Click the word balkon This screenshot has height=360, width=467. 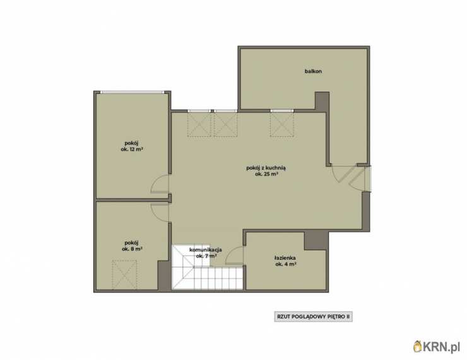(313, 71)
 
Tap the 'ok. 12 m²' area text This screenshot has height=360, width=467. (132, 149)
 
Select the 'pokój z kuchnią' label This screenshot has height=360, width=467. (266, 168)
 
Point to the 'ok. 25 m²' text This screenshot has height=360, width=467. (266, 175)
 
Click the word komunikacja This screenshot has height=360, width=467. (206, 250)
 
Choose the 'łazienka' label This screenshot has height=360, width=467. (285, 258)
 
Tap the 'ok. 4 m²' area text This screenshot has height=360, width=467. (286, 264)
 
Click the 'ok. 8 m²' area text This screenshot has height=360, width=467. (132, 249)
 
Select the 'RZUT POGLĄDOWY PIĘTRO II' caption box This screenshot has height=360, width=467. (313, 316)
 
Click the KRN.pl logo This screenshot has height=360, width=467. (437, 346)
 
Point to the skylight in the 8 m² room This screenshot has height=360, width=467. (124, 275)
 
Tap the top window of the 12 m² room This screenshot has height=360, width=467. (133, 92)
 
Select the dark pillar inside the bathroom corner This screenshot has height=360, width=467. (316, 241)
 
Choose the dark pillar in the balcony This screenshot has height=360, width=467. (322, 102)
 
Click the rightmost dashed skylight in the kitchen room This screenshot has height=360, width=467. (281, 124)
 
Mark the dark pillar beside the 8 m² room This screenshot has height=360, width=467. (164, 276)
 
